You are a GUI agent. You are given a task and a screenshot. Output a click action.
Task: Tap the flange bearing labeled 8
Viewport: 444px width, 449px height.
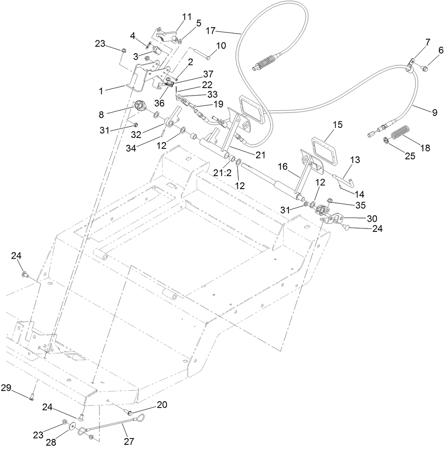coord(139,105)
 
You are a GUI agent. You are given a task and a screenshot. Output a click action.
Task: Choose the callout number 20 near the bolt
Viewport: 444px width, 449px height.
coord(162,405)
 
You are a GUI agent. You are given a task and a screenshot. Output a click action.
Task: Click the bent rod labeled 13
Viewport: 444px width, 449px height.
coord(347,179)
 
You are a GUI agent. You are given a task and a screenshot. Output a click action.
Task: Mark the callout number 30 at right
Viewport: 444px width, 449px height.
coord(371,218)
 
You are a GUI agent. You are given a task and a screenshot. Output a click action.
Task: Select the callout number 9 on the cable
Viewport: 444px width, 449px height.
coord(434,112)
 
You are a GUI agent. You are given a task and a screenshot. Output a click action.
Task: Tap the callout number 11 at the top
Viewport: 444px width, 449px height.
coord(187,17)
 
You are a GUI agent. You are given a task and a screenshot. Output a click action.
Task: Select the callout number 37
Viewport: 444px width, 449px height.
coord(208,73)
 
